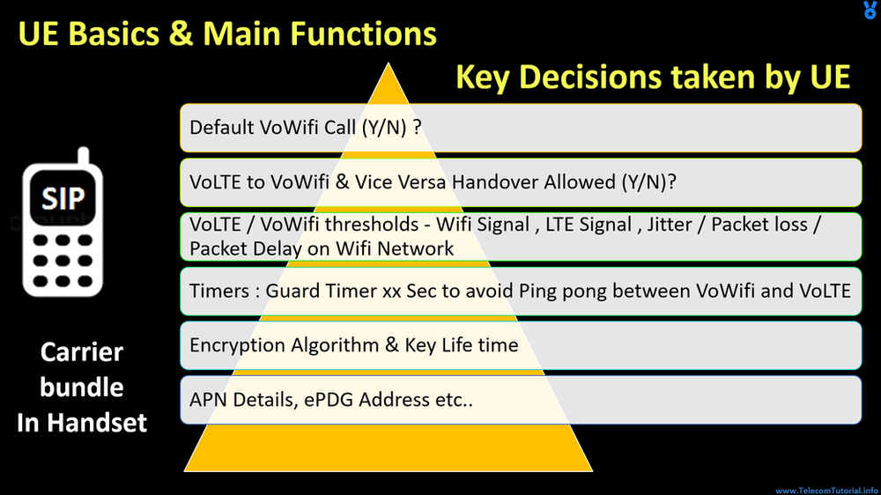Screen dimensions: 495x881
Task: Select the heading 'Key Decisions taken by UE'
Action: tap(653, 78)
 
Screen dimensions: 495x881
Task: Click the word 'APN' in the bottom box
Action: tap(209, 399)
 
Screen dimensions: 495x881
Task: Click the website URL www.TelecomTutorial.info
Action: tap(826, 490)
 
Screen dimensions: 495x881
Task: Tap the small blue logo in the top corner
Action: tap(870, 10)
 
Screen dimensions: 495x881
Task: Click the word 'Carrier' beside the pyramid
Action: tap(82, 353)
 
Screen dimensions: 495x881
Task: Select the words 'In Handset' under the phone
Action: tap(82, 423)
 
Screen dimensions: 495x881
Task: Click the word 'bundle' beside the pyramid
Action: tap(82, 388)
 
